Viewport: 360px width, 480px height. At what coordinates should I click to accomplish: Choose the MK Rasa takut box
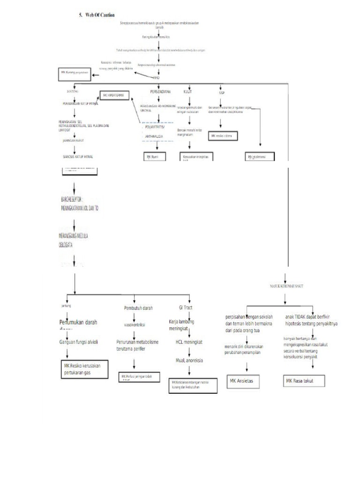coord(305,381)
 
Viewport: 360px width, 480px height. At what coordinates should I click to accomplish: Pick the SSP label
coord(222,92)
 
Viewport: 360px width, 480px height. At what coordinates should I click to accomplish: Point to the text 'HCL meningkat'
coord(189,342)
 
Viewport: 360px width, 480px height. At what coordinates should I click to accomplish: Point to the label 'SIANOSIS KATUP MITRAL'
coord(77,157)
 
